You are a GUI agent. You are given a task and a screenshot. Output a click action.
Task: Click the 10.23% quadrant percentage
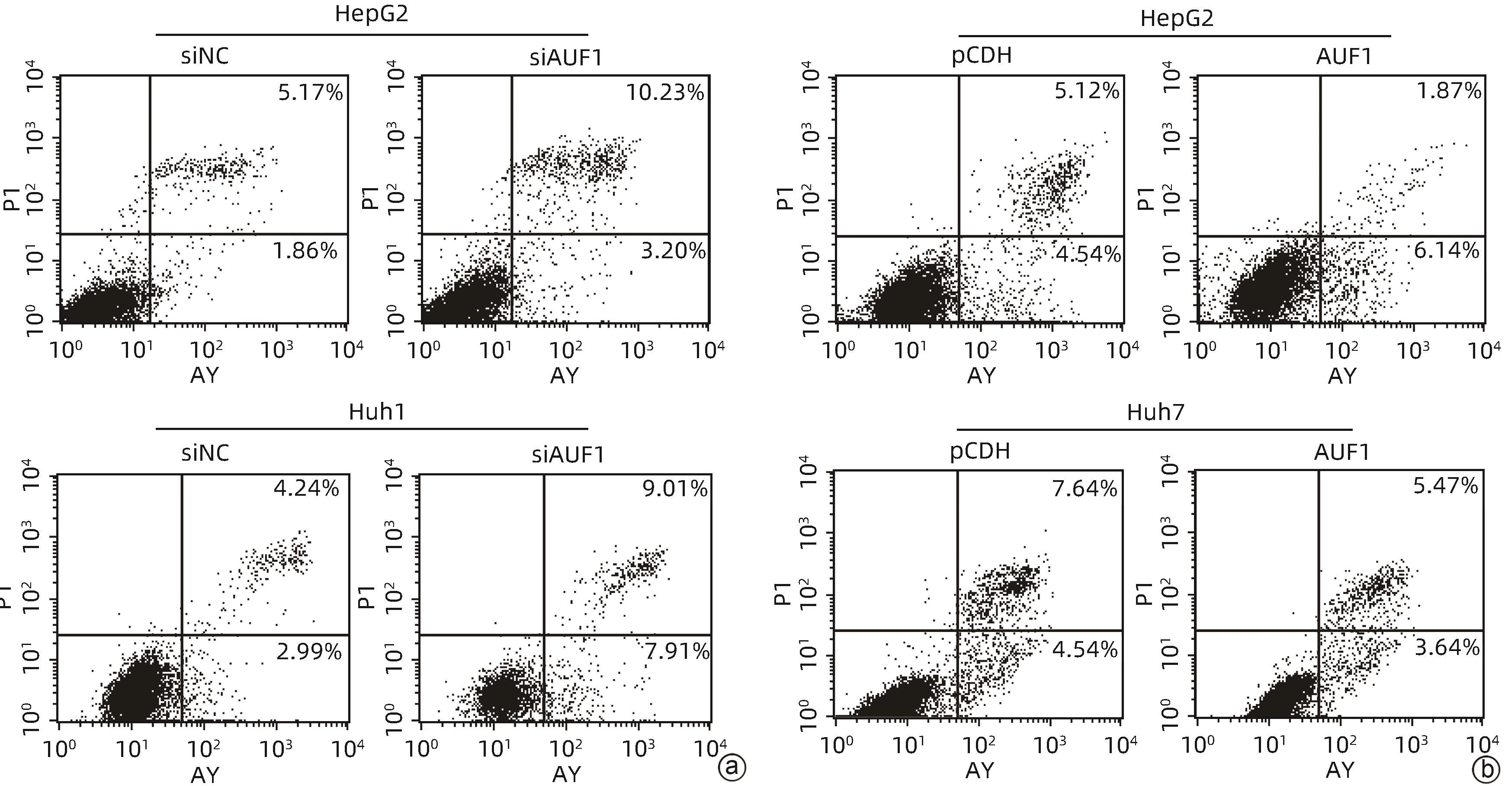(x=665, y=92)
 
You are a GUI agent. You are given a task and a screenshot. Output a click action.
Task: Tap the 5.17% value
(x=310, y=92)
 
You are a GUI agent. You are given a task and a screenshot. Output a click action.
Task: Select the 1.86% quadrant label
(x=305, y=251)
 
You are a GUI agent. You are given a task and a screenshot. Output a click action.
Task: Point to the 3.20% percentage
(x=673, y=251)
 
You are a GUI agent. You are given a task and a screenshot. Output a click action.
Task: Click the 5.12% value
(x=1087, y=90)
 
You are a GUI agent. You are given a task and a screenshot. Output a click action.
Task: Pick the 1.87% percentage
(x=1449, y=90)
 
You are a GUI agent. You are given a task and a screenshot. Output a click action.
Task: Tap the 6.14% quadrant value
(x=1446, y=251)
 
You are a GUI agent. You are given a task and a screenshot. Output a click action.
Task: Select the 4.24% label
(x=306, y=488)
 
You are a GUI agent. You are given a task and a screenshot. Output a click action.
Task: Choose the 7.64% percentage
(x=1085, y=488)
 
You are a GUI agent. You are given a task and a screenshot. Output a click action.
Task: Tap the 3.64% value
(x=1447, y=648)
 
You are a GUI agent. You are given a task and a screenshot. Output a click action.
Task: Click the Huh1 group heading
(x=377, y=412)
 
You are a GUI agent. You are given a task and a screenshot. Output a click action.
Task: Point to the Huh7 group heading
(x=1155, y=412)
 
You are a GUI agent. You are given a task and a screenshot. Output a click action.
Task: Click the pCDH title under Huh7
(x=980, y=451)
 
